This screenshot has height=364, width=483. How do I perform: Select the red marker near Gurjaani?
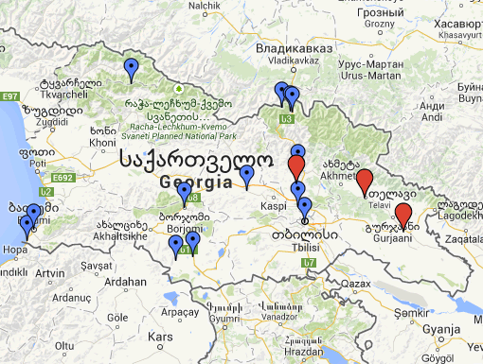[403, 216]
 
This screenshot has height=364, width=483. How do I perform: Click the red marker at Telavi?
[364, 182]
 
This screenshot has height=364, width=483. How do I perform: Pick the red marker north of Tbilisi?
[295, 166]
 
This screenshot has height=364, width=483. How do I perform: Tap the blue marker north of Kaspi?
[248, 175]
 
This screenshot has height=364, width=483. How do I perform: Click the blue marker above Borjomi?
[185, 193]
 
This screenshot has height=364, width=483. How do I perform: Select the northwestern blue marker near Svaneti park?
[132, 68]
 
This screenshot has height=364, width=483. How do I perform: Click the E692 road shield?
[64, 177]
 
